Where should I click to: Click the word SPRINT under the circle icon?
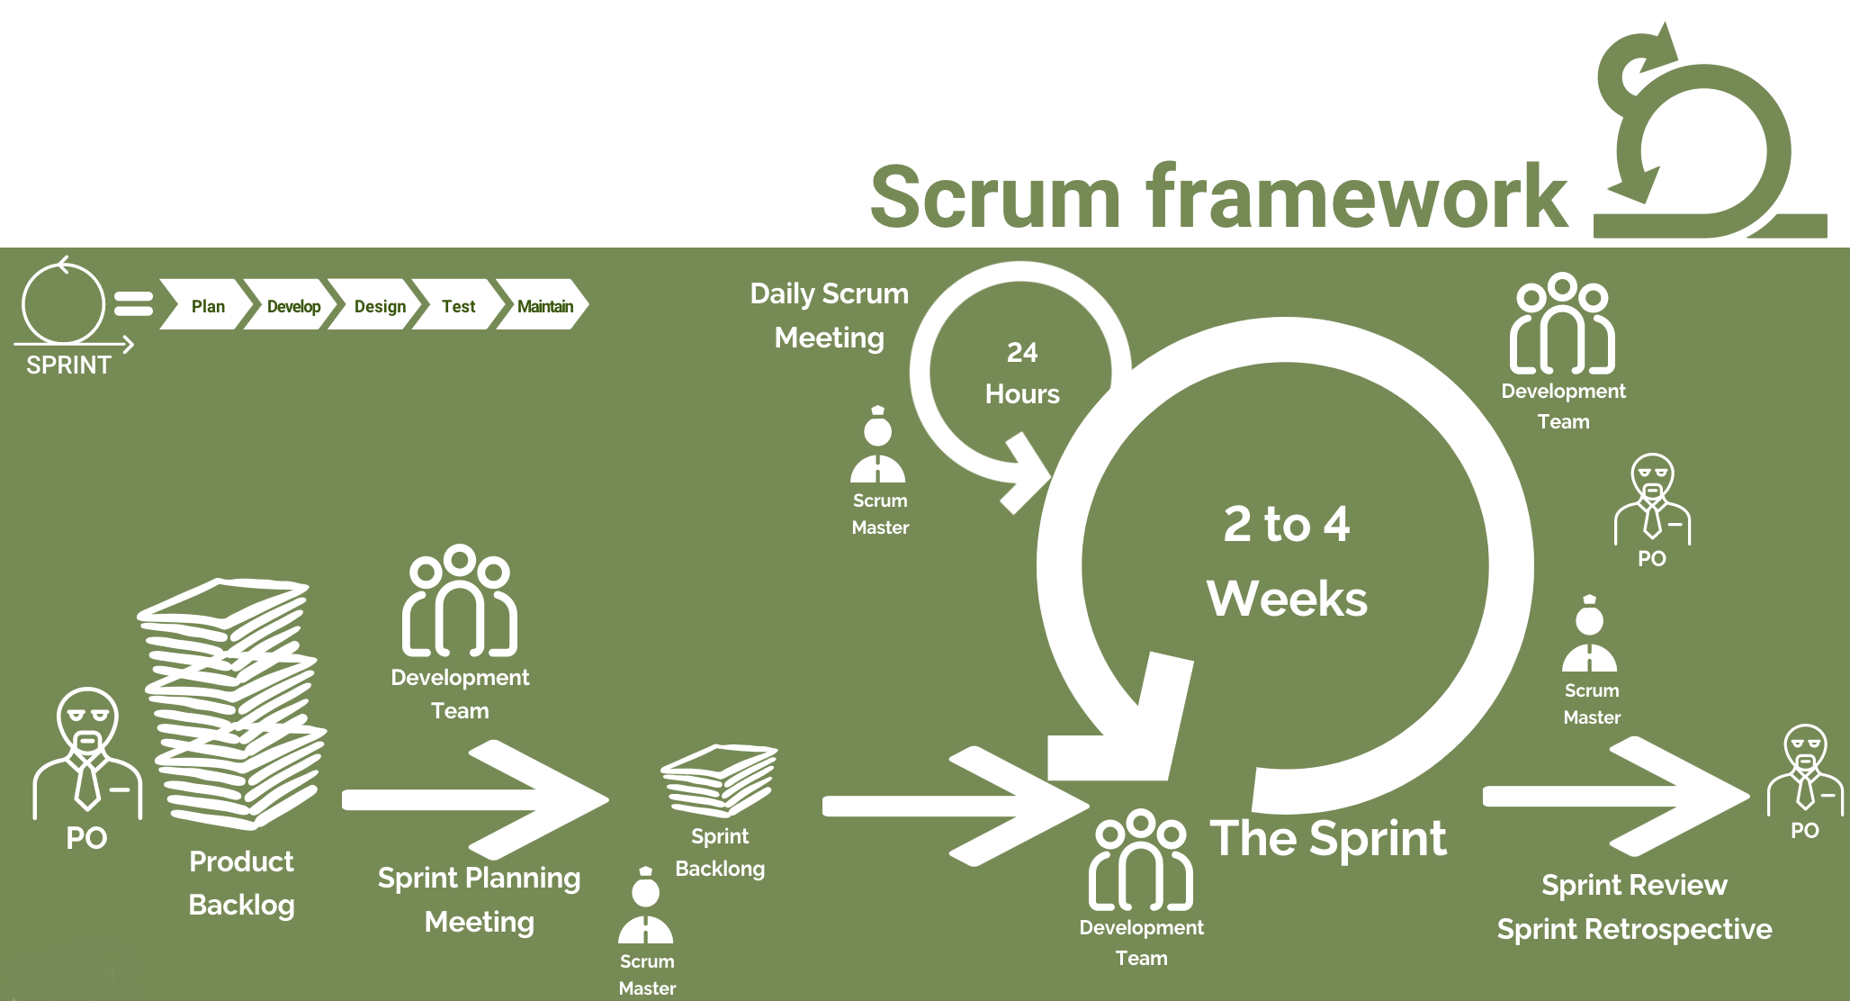68,365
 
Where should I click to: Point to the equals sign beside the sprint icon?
133,304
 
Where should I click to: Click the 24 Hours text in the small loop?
1021,373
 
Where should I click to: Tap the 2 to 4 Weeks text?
1287,561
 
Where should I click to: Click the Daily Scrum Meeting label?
829,315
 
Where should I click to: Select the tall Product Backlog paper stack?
234,702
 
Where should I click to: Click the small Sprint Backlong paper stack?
719,779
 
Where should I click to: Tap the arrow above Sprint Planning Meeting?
477,799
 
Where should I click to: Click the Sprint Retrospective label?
1633,929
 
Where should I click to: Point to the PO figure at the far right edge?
1805,770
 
